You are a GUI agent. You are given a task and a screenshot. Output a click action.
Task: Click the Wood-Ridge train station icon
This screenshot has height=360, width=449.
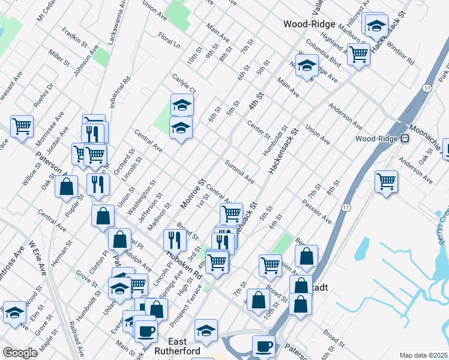pos(405,139)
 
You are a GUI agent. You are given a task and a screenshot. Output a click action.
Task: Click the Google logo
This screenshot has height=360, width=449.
pos(20,353)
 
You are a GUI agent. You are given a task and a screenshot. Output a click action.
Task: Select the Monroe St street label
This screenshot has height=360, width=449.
pos(193,193)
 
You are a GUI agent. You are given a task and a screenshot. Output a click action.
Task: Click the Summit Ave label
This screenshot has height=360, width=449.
pos(240,172)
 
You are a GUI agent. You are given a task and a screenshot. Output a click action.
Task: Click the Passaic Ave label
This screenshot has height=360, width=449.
pos(317,213)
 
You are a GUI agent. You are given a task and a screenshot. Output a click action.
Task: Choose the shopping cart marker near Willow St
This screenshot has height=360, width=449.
pos(22,126)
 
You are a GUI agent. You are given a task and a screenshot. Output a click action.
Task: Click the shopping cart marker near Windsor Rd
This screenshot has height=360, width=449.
pos(358,54)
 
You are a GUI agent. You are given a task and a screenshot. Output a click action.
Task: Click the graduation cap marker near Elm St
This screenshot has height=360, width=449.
pos(15,313)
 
